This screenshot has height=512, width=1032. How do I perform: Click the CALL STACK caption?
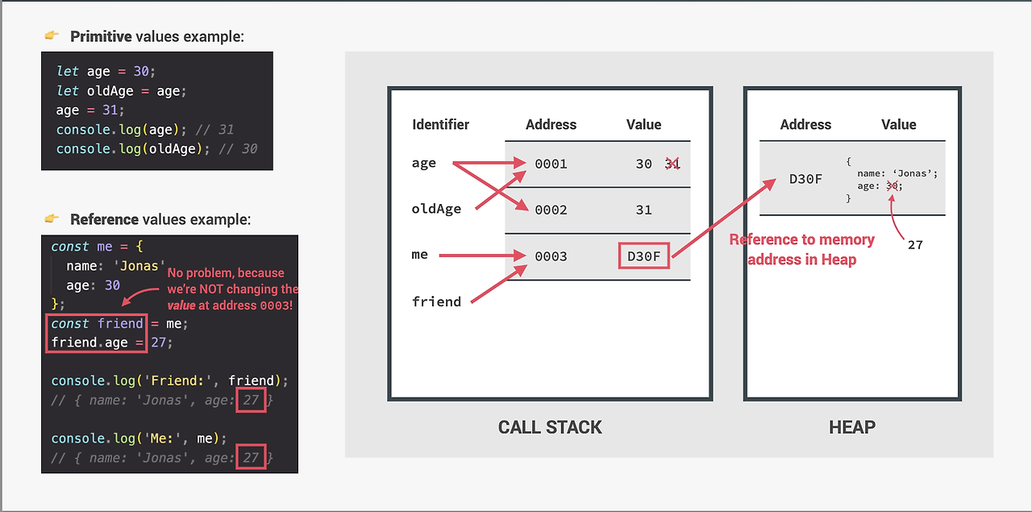[550, 427]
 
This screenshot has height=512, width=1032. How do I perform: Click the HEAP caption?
[851, 427]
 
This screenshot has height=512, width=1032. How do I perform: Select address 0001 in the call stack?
[551, 164]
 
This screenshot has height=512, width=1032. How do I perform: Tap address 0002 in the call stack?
[551, 210]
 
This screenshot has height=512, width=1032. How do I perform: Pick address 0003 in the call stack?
[551, 256]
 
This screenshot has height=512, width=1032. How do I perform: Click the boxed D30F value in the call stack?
[643, 256]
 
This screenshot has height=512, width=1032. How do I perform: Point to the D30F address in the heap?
[805, 178]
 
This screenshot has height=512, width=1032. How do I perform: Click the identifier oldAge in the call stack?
[436, 209]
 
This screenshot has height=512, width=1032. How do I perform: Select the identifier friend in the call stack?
[436, 302]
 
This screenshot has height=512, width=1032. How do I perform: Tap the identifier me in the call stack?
[419, 255]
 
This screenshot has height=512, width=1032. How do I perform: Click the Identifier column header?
[440, 124]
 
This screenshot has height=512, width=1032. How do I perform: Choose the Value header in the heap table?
[898, 124]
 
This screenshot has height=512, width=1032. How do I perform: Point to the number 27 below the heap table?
[915, 244]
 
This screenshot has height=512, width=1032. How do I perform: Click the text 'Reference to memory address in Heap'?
[801, 249]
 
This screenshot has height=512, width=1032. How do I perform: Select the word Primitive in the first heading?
[101, 36]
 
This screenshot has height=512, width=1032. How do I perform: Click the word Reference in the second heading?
[104, 219]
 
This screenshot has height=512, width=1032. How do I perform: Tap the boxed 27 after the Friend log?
[251, 400]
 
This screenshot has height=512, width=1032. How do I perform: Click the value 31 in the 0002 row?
[643, 210]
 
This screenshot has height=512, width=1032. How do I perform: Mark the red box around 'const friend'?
[95, 323]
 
